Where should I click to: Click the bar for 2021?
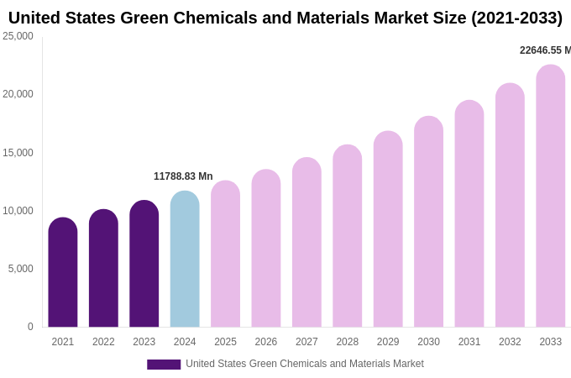(x=63, y=273)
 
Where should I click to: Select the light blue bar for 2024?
(x=185, y=260)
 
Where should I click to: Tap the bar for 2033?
(x=551, y=197)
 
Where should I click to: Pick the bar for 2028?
(x=348, y=236)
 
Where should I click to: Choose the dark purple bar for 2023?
(x=144, y=264)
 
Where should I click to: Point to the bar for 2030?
(x=428, y=222)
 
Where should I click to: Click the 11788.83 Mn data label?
(x=183, y=176)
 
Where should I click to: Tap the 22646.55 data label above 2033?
(x=544, y=50)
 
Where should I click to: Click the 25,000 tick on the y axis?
(x=18, y=36)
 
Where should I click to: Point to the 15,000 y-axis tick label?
(x=18, y=153)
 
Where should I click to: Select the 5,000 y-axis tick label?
(x=21, y=269)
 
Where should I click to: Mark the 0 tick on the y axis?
(x=30, y=327)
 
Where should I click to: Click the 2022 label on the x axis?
(x=103, y=342)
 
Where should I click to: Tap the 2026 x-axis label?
(x=266, y=342)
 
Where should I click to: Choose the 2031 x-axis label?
(x=469, y=342)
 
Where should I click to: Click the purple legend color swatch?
(x=164, y=365)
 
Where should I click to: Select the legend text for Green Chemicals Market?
(x=305, y=364)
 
